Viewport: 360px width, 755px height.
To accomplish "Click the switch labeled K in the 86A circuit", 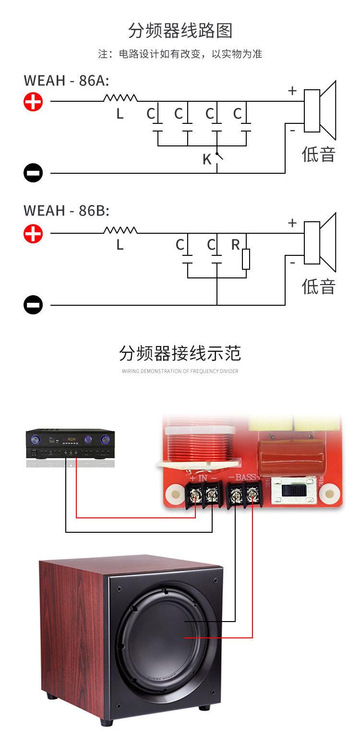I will point(218,156).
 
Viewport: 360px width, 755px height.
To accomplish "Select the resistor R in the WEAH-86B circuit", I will point(246,259).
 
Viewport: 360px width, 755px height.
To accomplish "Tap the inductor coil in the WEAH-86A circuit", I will point(120,98).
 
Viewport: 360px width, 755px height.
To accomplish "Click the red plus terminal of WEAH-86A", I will point(34,101).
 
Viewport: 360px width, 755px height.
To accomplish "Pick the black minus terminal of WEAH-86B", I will point(34,305).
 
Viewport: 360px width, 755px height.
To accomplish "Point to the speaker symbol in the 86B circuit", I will point(320,243).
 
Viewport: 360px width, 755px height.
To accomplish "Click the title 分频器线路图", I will point(180,31).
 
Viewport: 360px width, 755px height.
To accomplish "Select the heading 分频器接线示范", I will point(180,354).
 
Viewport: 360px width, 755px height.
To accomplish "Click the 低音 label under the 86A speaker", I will point(318,155).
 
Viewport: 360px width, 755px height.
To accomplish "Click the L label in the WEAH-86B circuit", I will point(120,245).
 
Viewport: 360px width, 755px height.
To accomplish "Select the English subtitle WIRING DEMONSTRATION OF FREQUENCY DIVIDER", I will point(180,371).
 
